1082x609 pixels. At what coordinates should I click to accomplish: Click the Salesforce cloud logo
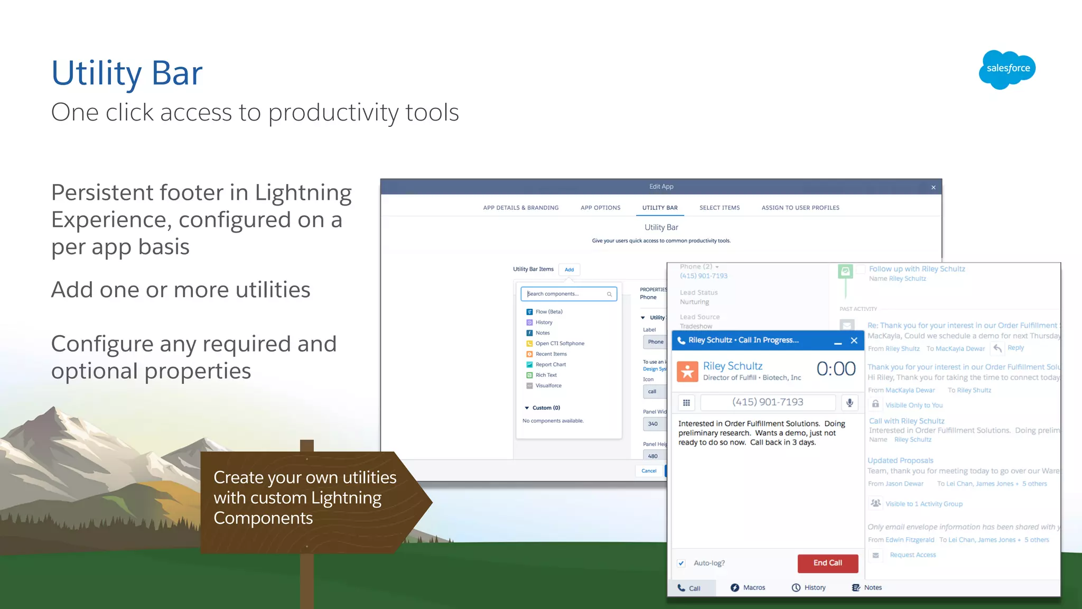[x=1007, y=69]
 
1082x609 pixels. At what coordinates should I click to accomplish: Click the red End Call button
[x=827, y=563]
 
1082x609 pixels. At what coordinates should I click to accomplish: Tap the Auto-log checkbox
[x=682, y=564]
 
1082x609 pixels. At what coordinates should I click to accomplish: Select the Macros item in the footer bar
[x=748, y=588]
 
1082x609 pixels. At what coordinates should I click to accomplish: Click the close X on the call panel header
[x=854, y=341]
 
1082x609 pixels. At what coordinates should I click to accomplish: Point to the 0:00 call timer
[x=836, y=369]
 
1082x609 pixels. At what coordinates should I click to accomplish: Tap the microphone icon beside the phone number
[x=850, y=403]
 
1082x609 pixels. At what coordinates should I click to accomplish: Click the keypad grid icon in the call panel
[x=686, y=403]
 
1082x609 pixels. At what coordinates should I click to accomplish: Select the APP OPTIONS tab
[x=600, y=208]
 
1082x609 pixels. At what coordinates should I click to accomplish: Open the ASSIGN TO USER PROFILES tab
[x=800, y=208]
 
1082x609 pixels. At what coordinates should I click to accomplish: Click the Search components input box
[x=568, y=294]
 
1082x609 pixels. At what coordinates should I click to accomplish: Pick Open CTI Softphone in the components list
[x=559, y=344]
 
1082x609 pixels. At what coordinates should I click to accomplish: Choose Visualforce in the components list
[x=548, y=386]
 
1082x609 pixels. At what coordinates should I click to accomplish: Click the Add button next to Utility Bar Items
[x=569, y=270]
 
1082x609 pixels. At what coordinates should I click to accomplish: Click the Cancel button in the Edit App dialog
[x=649, y=471]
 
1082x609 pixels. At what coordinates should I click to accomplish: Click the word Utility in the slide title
[x=96, y=73]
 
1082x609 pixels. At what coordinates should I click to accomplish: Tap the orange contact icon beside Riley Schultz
[x=687, y=372]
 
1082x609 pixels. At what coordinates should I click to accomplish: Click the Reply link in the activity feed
[x=1015, y=348]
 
